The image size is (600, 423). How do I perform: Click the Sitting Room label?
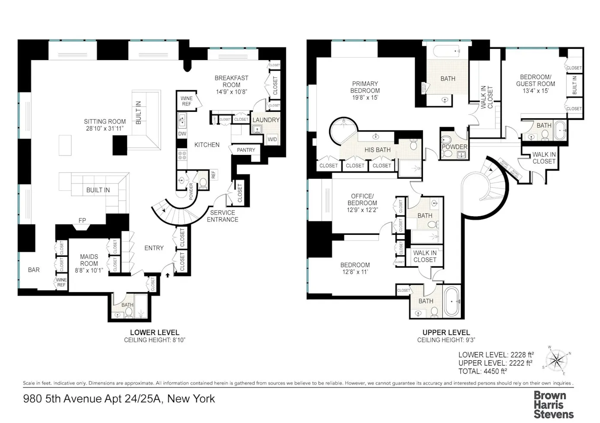point(105,122)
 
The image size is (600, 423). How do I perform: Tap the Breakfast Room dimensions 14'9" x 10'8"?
point(232,92)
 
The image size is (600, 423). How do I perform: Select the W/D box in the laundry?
point(272,139)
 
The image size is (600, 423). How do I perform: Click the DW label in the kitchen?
point(182,134)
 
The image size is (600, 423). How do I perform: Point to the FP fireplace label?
point(82,221)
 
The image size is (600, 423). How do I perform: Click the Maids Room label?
point(89,260)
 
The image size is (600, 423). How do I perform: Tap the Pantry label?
point(246,150)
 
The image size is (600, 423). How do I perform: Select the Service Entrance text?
point(222,216)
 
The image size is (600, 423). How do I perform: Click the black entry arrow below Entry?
point(168,275)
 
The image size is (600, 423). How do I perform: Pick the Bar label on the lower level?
point(34,270)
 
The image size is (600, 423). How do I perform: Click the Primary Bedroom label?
point(365,87)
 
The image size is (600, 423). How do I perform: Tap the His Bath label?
point(378,150)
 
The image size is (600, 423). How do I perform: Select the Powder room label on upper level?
point(454,147)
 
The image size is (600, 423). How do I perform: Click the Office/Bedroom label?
point(362,199)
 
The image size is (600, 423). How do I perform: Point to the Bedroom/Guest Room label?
point(536,80)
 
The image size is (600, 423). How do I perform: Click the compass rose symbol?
point(556,360)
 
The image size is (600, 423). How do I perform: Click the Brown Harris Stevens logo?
point(553,405)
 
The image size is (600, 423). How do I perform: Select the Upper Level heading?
point(446,332)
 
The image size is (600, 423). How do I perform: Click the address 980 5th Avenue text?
point(119,399)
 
